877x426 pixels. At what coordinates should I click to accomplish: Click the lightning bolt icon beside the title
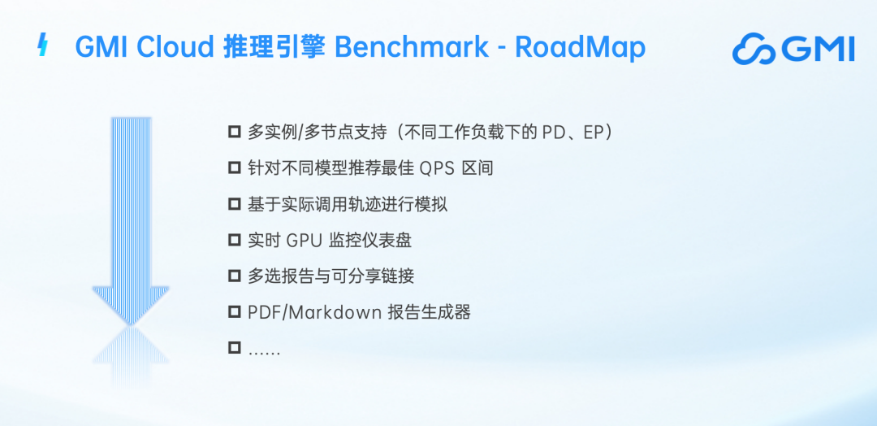[42, 45]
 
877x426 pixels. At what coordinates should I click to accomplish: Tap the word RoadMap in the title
[580, 48]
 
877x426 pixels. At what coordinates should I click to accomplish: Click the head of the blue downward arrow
[130, 305]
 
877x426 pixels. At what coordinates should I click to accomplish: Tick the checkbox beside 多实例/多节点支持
[235, 133]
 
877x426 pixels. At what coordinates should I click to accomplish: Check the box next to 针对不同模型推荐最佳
[235, 168]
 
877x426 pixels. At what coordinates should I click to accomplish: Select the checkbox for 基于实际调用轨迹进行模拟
[235, 204]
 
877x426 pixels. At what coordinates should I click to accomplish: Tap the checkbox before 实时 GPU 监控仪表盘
[235, 240]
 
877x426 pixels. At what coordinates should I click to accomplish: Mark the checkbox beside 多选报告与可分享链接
[235, 276]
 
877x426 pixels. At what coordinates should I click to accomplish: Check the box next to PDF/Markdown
[235, 312]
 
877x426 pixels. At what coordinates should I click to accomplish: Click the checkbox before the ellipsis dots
[235, 348]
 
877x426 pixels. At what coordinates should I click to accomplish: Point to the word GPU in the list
[305, 241]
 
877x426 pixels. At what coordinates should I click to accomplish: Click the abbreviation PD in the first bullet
[554, 133]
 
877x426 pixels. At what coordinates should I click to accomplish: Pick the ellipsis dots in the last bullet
[264, 353]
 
